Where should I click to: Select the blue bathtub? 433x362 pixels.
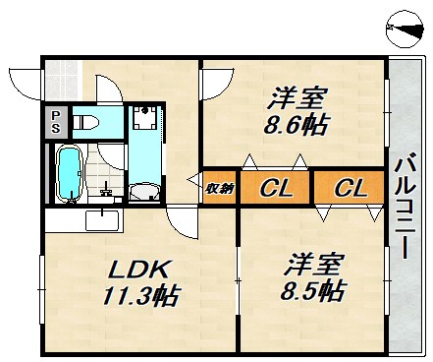pos(70,173)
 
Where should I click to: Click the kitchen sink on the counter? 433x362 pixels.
pos(101,219)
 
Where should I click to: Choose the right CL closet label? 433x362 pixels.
pos(349,188)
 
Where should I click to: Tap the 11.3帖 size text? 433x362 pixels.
pos(138,295)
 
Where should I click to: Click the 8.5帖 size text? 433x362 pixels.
pos(315,291)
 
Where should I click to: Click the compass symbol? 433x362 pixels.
pos(406,30)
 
